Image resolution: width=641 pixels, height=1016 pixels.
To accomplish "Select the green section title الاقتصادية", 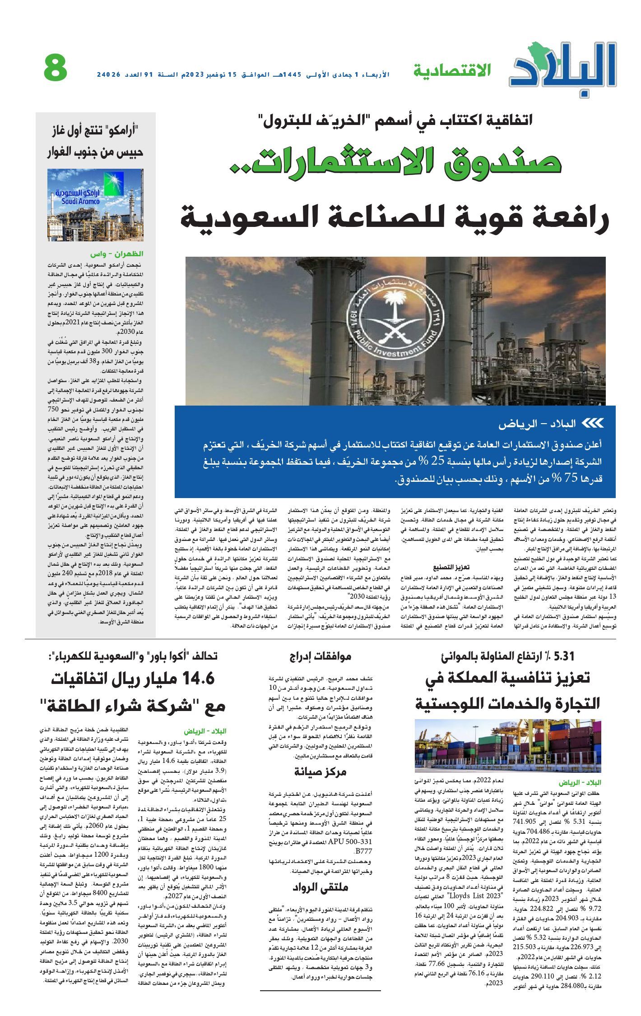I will pos(452,70).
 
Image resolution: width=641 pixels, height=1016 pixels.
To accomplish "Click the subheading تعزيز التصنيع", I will pos(451,567).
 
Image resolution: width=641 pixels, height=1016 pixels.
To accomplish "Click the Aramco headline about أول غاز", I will pos(95,141).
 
